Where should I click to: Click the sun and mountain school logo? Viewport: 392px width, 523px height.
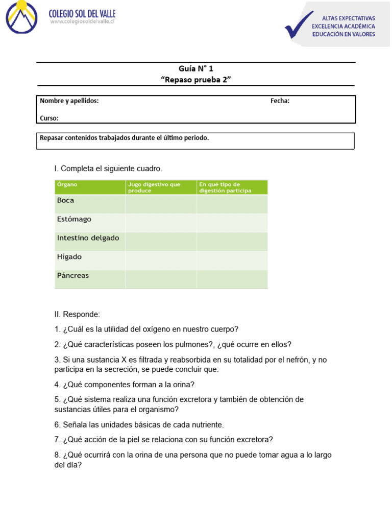(x=21, y=17)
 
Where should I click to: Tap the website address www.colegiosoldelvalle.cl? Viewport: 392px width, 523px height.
(x=82, y=22)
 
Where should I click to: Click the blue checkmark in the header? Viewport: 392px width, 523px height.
(x=299, y=26)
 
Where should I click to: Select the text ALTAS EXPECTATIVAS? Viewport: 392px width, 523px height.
(x=348, y=18)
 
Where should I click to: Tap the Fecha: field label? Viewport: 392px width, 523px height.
(x=280, y=101)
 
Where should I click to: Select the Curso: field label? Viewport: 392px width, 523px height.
(x=49, y=118)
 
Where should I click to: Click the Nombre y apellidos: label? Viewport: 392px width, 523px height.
(x=69, y=101)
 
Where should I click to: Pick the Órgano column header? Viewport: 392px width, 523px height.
(x=67, y=184)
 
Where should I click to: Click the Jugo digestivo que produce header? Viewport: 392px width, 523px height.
(x=154, y=187)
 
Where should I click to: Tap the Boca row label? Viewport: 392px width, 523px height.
(x=65, y=201)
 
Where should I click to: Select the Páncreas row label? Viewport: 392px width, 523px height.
(x=72, y=276)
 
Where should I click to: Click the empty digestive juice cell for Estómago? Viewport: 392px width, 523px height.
(x=161, y=222)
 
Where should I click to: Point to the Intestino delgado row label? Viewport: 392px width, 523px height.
(x=88, y=238)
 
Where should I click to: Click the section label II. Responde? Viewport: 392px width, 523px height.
(x=78, y=314)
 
